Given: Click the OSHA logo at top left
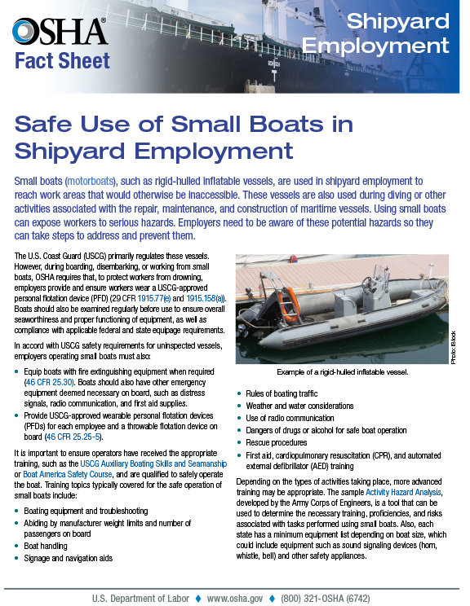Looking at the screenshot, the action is [x=60, y=31].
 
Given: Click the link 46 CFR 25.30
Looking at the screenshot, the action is [x=50, y=380].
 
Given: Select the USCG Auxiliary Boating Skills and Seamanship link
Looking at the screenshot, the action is [x=153, y=460].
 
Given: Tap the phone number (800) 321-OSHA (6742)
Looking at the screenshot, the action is [x=337, y=597].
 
